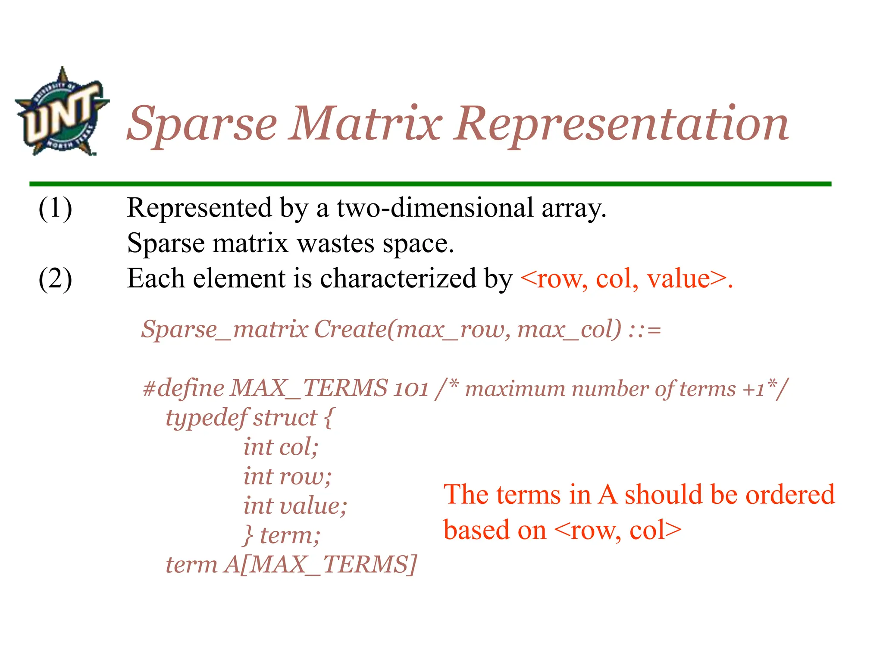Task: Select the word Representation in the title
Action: click(621, 125)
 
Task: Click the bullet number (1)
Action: click(55, 208)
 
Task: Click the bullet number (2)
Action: click(55, 279)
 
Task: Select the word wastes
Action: click(336, 244)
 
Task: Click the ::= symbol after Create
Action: click(645, 330)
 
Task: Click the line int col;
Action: click(281, 447)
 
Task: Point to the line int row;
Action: click(287, 477)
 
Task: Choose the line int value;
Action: click(295, 506)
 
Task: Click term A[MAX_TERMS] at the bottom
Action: click(291, 565)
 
